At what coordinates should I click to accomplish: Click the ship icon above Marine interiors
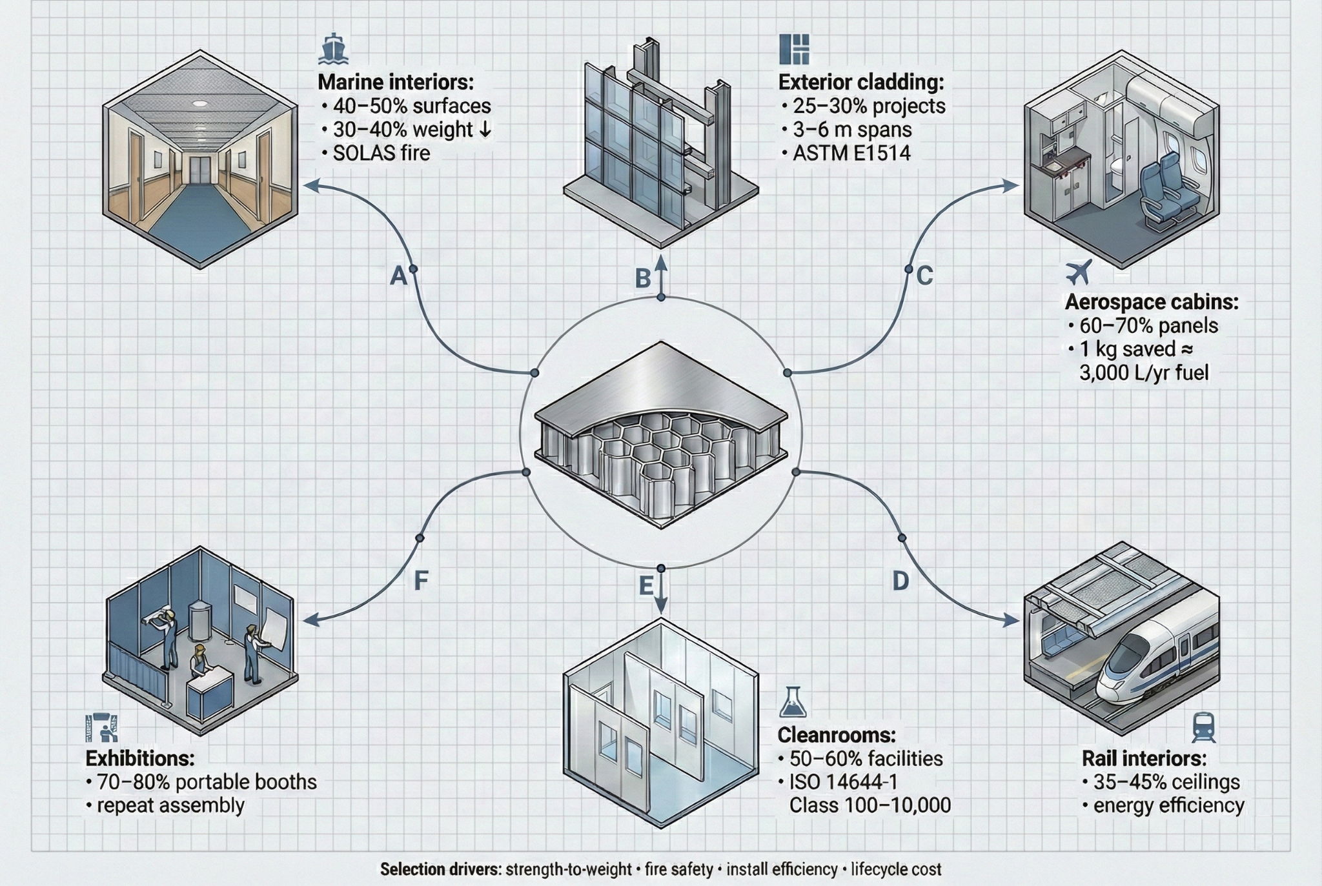pos(334,50)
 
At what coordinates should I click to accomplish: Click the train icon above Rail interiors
pos(1203,727)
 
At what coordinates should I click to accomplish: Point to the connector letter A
pos(399,276)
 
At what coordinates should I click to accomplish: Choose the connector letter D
pos(900,581)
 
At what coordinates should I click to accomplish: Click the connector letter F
pos(420,581)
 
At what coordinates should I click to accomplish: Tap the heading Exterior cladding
pos(860,83)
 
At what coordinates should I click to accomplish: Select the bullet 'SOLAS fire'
pos(381,153)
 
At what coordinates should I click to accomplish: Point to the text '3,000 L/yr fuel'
pos(1143,372)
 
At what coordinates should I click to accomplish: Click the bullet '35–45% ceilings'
pos(1166,781)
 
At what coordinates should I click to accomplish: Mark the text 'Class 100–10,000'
pos(869,805)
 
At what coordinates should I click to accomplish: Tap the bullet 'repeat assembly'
pos(170,805)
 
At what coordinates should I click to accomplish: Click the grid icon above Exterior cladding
pos(794,49)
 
